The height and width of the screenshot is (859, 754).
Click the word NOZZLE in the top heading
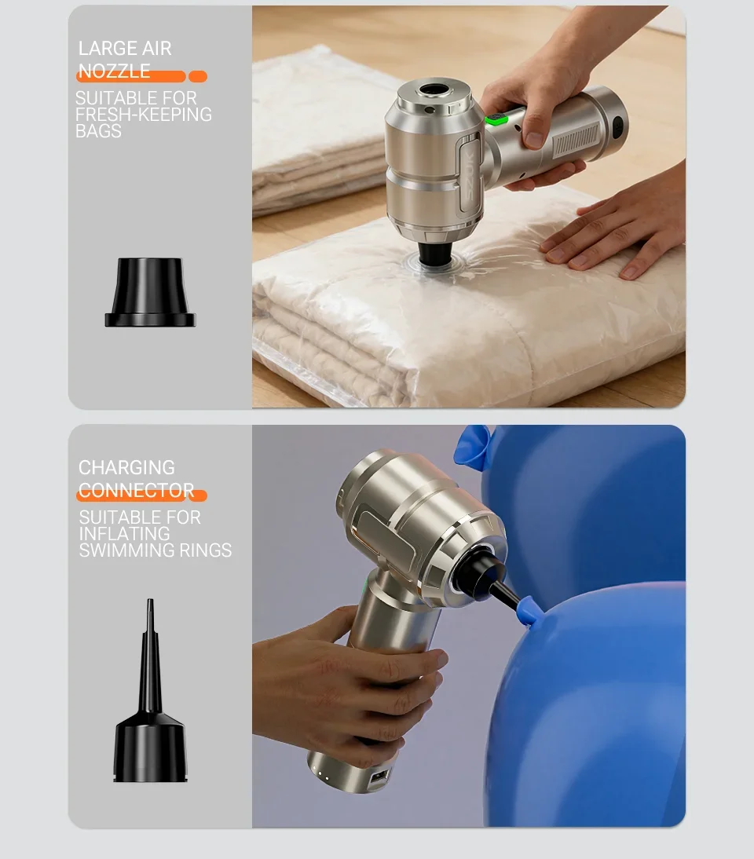click(x=114, y=71)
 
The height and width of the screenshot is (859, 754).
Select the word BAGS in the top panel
click(x=98, y=131)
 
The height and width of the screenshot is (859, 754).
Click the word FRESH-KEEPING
click(x=143, y=115)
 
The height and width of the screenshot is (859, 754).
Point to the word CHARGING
click(x=126, y=467)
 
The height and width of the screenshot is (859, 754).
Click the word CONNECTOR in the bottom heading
click(x=136, y=490)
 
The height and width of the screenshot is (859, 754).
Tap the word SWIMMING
click(x=126, y=550)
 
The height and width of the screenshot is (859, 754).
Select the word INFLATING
click(x=124, y=534)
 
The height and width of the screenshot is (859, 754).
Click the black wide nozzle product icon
click(x=150, y=293)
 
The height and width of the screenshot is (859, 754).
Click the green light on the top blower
click(x=497, y=117)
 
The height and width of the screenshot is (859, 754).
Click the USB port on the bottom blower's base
click(x=379, y=777)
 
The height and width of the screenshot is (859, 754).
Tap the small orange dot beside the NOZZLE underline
click(x=198, y=77)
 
